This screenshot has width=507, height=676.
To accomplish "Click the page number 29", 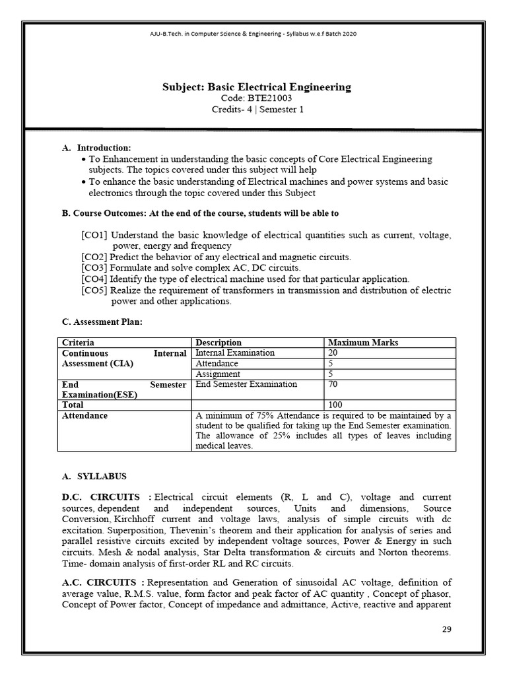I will (447, 628).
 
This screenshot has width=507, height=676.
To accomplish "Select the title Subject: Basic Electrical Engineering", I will (257, 86).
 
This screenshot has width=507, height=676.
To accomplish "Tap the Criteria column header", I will (78, 343).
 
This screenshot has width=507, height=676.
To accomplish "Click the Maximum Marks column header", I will (363, 343).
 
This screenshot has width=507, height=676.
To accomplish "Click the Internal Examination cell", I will (235, 353).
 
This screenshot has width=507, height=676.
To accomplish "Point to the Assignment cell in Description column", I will (219, 374).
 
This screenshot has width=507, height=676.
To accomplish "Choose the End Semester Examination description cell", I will (246, 384).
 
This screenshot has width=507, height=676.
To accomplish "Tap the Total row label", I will (73, 405).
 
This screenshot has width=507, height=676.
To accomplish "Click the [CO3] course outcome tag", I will (94, 267).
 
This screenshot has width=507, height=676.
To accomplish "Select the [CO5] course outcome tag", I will (94, 290).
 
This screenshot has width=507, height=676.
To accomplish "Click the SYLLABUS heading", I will (102, 475).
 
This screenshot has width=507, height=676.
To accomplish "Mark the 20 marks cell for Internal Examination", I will (334, 353).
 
